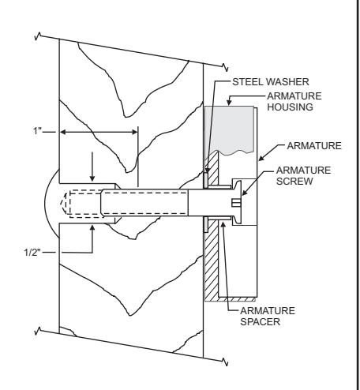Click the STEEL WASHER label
pyautogui.click(x=271, y=82)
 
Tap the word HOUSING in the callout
pyautogui.click(x=291, y=107)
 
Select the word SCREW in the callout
pyautogui.click(x=294, y=182)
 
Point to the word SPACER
pyautogui.click(x=260, y=321)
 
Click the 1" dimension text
pyautogui.click(x=37, y=131)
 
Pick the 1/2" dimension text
pyautogui.click(x=32, y=253)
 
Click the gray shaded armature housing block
pyautogui.click(x=229, y=129)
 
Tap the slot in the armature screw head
pyautogui.click(x=236, y=203)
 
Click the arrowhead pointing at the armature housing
pyautogui.click(x=229, y=102)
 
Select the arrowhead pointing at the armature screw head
pyautogui.click(x=244, y=193)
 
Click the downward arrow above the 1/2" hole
pyautogui.click(x=92, y=167)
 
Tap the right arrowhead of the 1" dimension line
pyautogui.click(x=134, y=132)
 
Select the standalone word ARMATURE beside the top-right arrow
pyautogui.click(x=314, y=146)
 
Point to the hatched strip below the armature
pyautogui.click(x=230, y=299)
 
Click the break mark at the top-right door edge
pyautogui.click(x=226, y=68)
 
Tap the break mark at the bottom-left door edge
pyautogui.click(x=38, y=331)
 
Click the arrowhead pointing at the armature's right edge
pyautogui.click(x=261, y=158)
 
